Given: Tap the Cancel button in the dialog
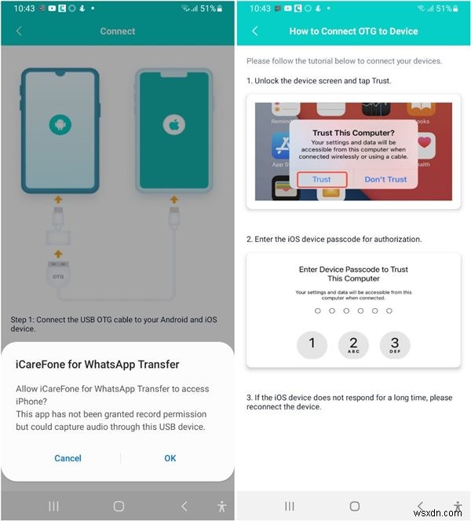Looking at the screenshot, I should coord(68,458).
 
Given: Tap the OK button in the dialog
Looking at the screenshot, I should coord(170,458).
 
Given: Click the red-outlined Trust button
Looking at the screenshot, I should coord(322,179).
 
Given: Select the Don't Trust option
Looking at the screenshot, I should coord(385,179).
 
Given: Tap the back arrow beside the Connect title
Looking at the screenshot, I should coord(20,31).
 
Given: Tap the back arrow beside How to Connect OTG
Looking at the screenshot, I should coord(255,31).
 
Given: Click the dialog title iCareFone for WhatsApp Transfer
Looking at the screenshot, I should coord(98,365).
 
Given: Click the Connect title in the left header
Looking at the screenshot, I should coord(118,31).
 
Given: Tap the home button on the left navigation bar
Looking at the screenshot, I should coord(119,506).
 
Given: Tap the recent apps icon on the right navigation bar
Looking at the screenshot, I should coord(290,506).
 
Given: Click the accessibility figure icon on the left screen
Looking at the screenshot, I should coord(221,506).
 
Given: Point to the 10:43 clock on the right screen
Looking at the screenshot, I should coord(260,8).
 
